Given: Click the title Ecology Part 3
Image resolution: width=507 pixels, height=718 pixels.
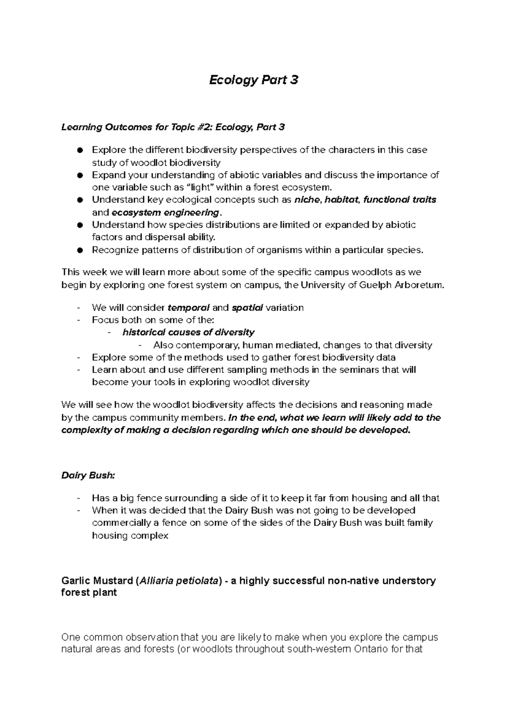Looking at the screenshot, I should coord(253,80).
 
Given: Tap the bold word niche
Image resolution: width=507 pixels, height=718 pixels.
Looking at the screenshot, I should coord(307,200).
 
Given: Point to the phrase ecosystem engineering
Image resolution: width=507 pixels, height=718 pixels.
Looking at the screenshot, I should coord(165,212).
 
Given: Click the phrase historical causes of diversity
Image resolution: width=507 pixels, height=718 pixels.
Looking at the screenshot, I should coord(188,332).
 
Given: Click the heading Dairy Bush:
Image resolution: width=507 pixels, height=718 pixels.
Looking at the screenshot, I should coord(88,475).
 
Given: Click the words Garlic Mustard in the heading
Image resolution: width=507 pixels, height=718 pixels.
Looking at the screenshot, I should coord(96,581).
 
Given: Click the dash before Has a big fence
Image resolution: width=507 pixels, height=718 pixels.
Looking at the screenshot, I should coord(79,498).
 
